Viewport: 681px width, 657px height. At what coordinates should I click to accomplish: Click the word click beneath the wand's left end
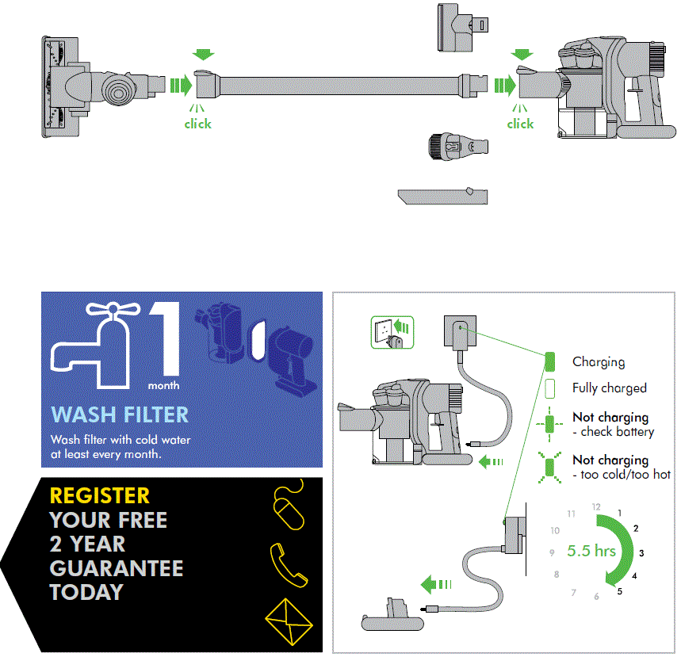(x=197, y=124)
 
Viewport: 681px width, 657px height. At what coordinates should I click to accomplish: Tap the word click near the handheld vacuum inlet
(x=520, y=124)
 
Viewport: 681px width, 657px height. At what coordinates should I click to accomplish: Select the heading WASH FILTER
(x=120, y=414)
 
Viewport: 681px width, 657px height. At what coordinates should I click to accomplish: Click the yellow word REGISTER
(x=99, y=496)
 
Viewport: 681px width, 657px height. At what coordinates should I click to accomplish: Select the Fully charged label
(x=609, y=388)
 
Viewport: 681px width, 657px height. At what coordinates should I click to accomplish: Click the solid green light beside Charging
(x=549, y=362)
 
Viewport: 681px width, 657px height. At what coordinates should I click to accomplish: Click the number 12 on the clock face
(x=596, y=506)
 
